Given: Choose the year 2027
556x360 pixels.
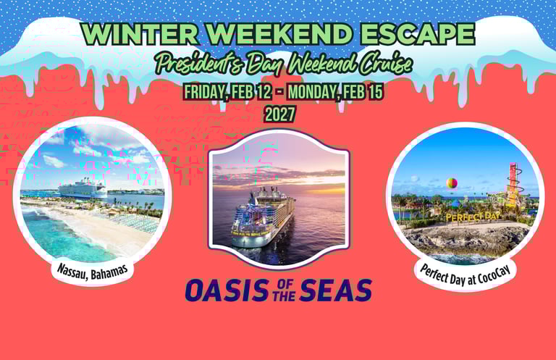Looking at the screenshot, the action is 280,114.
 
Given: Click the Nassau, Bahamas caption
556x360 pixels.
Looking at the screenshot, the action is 92,272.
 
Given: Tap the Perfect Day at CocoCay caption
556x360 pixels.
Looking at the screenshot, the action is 466,275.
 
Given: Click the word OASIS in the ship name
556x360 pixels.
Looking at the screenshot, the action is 227,290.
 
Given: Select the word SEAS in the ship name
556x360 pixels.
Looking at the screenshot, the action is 335,290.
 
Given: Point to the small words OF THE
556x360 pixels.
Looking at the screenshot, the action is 284,290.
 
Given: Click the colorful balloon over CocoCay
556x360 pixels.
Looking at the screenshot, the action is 452,183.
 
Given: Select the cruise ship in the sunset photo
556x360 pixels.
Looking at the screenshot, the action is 262,217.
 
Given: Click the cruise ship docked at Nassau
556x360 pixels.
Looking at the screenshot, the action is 83,188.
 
